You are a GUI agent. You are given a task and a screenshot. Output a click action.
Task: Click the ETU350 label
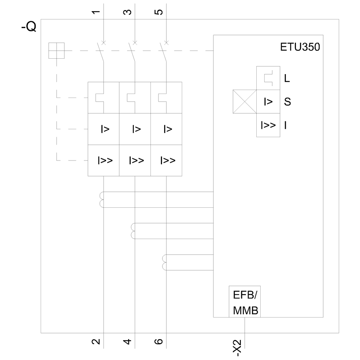pyautogui.click(x=300, y=48)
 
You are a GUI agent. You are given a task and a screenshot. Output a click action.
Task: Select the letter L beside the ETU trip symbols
pyautogui.click(x=287, y=78)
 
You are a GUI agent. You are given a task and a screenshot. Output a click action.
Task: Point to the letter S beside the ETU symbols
pyautogui.click(x=287, y=102)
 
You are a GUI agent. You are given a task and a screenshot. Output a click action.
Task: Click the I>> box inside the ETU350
pyautogui.click(x=268, y=125)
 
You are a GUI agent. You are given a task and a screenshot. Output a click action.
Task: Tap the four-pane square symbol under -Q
pyautogui.click(x=57, y=50)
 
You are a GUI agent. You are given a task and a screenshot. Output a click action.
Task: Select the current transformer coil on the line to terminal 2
pyautogui.click(x=101, y=200)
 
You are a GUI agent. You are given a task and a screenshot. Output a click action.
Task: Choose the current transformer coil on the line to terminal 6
pyautogui.click(x=165, y=262)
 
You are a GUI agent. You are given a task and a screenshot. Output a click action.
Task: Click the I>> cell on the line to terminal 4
pyautogui.click(x=135, y=160)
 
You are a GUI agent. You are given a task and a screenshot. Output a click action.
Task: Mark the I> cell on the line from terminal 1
pyautogui.click(x=104, y=129)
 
